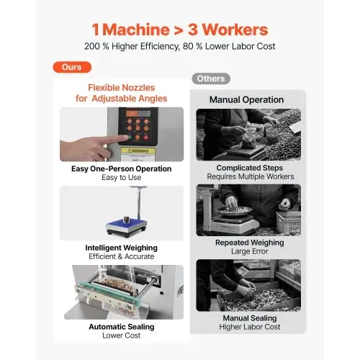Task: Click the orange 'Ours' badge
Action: (72, 67)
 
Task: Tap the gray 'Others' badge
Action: (211, 78)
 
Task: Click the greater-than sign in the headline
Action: (179, 30)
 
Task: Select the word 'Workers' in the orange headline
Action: (235, 30)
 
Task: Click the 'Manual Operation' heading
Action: (246, 99)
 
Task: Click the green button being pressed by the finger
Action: (130, 138)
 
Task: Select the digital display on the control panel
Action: (138, 113)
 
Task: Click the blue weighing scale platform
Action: (126, 226)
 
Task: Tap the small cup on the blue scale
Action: (126, 220)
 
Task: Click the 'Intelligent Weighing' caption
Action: (122, 248)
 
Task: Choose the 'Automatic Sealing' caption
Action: (122, 327)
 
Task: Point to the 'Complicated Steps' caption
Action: (250, 168)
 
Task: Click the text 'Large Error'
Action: (250, 251)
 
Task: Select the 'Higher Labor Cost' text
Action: (250, 327)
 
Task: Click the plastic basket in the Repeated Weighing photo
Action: (288, 222)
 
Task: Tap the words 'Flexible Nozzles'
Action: (122, 88)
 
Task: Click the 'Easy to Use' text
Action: (122, 177)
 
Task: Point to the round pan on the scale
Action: (234, 211)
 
